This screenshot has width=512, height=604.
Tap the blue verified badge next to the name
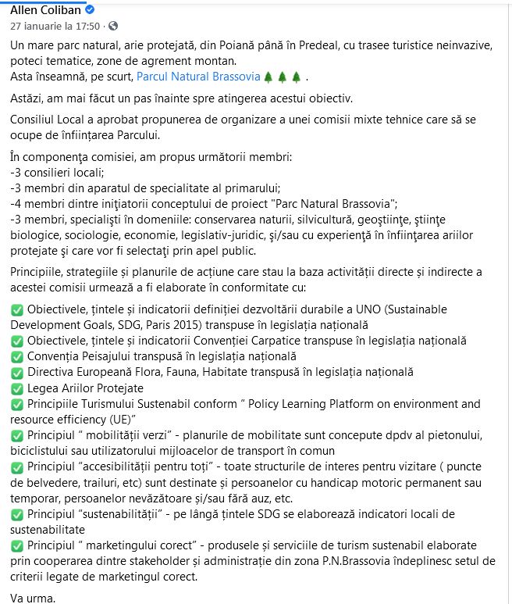(90, 10)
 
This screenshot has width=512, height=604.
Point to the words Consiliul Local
(52, 118)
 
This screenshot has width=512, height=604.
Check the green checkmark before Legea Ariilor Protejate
(17, 388)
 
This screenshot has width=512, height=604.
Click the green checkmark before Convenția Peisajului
(17, 357)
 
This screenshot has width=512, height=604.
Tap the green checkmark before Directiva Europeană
(17, 373)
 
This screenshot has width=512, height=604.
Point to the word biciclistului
(44, 451)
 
